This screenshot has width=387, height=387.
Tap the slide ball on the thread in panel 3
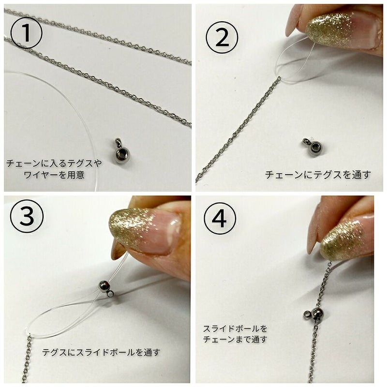coord(104,287)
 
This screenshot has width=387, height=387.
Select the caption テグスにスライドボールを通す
coord(101,352)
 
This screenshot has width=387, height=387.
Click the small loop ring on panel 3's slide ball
coord(111,294)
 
